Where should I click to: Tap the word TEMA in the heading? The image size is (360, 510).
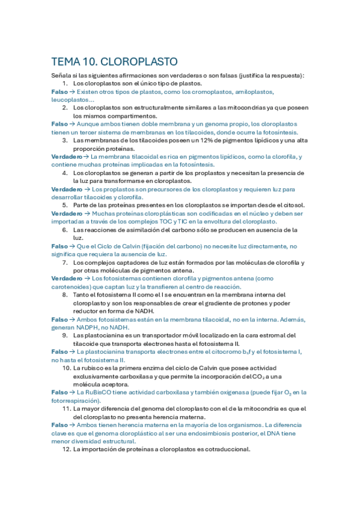pos(66,62)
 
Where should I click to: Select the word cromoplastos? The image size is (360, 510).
pos(209,91)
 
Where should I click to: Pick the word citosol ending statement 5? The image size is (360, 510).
pos(291,205)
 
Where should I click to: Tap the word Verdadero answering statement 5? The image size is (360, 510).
pos(67,213)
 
